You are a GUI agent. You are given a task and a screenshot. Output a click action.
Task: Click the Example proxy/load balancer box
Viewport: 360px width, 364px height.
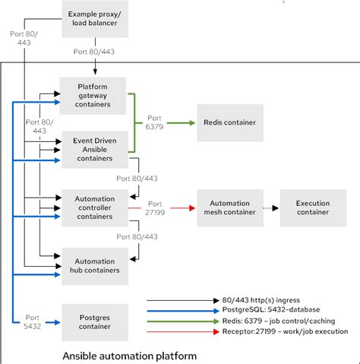(x=93, y=19)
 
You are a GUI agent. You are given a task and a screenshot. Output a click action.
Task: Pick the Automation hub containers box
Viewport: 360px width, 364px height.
(x=93, y=264)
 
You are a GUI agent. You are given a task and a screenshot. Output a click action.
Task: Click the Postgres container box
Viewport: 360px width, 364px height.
(x=93, y=320)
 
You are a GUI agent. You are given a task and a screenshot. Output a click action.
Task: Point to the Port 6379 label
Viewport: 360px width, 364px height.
(x=154, y=123)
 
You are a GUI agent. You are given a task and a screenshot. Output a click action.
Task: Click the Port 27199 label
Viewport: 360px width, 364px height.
(x=154, y=208)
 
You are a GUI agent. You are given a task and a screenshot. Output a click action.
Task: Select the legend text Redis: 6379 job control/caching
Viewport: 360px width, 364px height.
(x=273, y=321)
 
